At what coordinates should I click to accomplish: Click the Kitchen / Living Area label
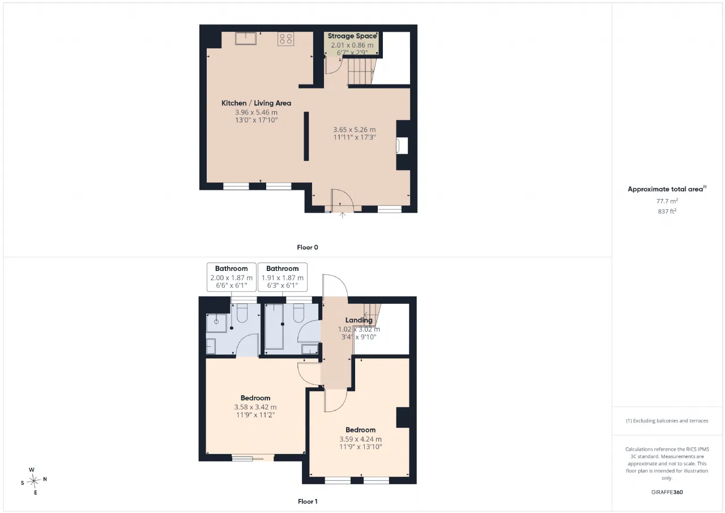pyautogui.click(x=256, y=103)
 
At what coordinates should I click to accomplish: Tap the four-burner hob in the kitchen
pyautogui.click(x=285, y=39)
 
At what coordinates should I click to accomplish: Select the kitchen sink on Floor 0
pyautogui.click(x=246, y=38)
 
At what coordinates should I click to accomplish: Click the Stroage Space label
pyautogui.click(x=352, y=36)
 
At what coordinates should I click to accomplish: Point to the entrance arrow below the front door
pyautogui.click(x=343, y=215)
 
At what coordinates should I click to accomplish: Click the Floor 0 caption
pyautogui.click(x=308, y=248)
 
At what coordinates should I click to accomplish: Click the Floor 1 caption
pyautogui.click(x=308, y=502)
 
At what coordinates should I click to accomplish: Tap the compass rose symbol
pyautogui.click(x=33, y=481)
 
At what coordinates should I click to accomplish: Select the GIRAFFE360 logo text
pyautogui.click(x=667, y=492)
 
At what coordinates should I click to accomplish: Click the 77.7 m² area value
pyautogui.click(x=667, y=201)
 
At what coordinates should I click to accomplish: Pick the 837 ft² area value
pyautogui.click(x=667, y=211)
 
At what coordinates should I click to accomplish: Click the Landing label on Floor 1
pyautogui.click(x=359, y=320)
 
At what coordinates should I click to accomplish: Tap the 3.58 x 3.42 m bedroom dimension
pyautogui.click(x=255, y=407)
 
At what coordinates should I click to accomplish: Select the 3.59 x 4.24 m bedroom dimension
pyautogui.click(x=361, y=439)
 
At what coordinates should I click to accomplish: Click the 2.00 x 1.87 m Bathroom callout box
pyautogui.click(x=232, y=277)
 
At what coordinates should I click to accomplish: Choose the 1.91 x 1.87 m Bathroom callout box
pyautogui.click(x=283, y=277)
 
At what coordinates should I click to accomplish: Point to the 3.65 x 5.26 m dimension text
pyautogui.click(x=355, y=130)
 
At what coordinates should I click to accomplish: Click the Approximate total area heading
pyautogui.click(x=667, y=189)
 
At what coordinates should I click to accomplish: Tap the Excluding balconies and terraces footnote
pyautogui.click(x=667, y=421)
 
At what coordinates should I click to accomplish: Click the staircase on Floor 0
pyautogui.click(x=361, y=71)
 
